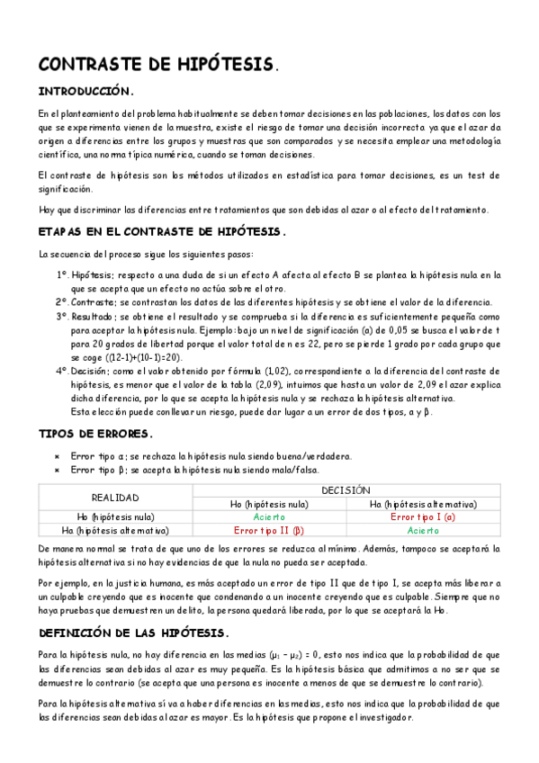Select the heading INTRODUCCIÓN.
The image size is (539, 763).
(86, 91)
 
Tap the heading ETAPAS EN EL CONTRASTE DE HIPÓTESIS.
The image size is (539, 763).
(162, 231)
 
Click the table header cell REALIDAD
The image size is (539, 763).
(115, 498)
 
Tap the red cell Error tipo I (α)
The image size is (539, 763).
(423, 517)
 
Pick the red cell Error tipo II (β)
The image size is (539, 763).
(269, 531)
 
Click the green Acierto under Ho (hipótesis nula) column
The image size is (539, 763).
(269, 517)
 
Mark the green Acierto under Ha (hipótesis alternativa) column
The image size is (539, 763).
(423, 531)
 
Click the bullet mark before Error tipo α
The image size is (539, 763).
(57, 456)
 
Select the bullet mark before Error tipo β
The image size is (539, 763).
(57, 470)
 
